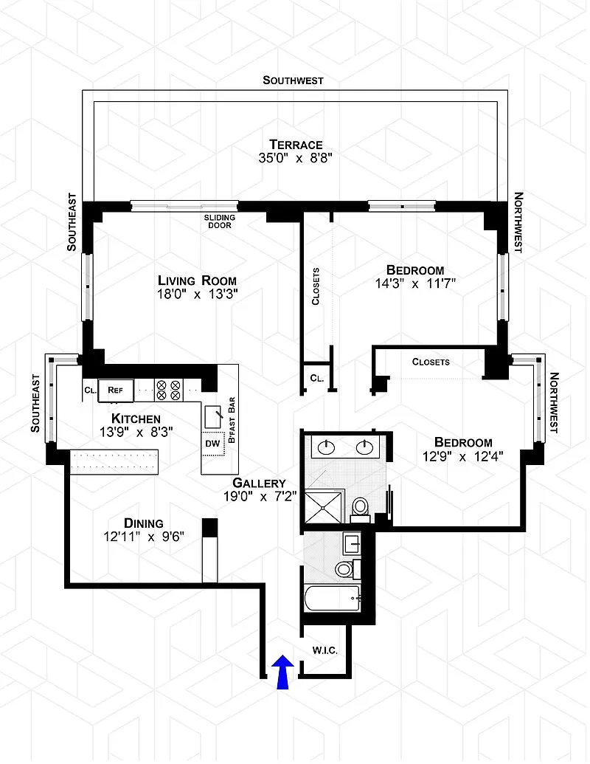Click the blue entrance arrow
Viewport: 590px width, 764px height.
(282, 672)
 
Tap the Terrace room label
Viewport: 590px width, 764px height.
(296, 145)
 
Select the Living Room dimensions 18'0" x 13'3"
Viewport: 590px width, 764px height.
(197, 295)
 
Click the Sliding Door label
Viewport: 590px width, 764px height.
(220, 221)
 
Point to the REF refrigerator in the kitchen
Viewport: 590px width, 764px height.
(115, 390)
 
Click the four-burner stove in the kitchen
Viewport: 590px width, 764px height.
(168, 390)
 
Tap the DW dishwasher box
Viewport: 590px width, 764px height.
(213, 444)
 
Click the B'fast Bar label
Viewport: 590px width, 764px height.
(232, 420)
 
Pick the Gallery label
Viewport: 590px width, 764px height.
(259, 483)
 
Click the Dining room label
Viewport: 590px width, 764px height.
(144, 523)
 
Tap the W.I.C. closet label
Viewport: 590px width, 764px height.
(324, 650)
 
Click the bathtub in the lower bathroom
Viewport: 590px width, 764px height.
(333, 598)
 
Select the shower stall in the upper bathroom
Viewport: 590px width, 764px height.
(323, 507)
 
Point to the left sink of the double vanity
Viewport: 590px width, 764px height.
(326, 447)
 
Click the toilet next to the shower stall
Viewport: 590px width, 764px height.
(360, 509)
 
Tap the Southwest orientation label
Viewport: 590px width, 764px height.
(293, 80)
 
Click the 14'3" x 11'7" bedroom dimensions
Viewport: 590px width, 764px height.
(415, 283)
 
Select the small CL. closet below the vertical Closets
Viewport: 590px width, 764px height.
(317, 378)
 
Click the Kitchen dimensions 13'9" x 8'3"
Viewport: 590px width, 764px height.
(136, 432)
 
